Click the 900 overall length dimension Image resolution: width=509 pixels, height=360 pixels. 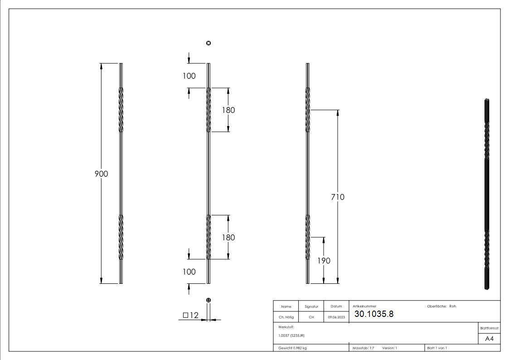point(101,173)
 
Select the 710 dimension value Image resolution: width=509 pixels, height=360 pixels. point(338,197)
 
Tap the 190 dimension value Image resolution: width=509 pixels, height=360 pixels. point(324,261)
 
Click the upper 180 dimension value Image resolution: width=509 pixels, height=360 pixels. point(228,110)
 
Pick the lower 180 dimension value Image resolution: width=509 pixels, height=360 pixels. point(228,237)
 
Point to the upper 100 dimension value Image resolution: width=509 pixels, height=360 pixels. point(189,76)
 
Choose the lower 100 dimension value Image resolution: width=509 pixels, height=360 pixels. point(189,272)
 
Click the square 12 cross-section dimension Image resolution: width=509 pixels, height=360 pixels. point(191,316)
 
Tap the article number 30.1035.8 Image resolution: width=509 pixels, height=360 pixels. point(374,314)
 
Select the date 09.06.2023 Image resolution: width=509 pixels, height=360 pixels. point(336,317)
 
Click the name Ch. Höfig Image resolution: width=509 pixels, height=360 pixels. point(286,317)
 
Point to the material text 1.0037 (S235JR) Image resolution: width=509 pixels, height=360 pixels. point(291,336)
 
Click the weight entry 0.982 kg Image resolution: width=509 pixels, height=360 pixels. point(292,348)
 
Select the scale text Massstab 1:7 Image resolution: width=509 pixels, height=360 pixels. point(364,348)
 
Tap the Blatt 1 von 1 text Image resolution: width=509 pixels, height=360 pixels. point(437,348)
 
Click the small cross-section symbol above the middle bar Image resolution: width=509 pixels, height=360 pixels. point(208,43)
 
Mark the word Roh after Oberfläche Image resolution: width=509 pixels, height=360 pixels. point(452,306)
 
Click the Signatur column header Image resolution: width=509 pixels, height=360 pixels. point(311,306)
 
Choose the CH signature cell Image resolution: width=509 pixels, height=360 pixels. point(311,317)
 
